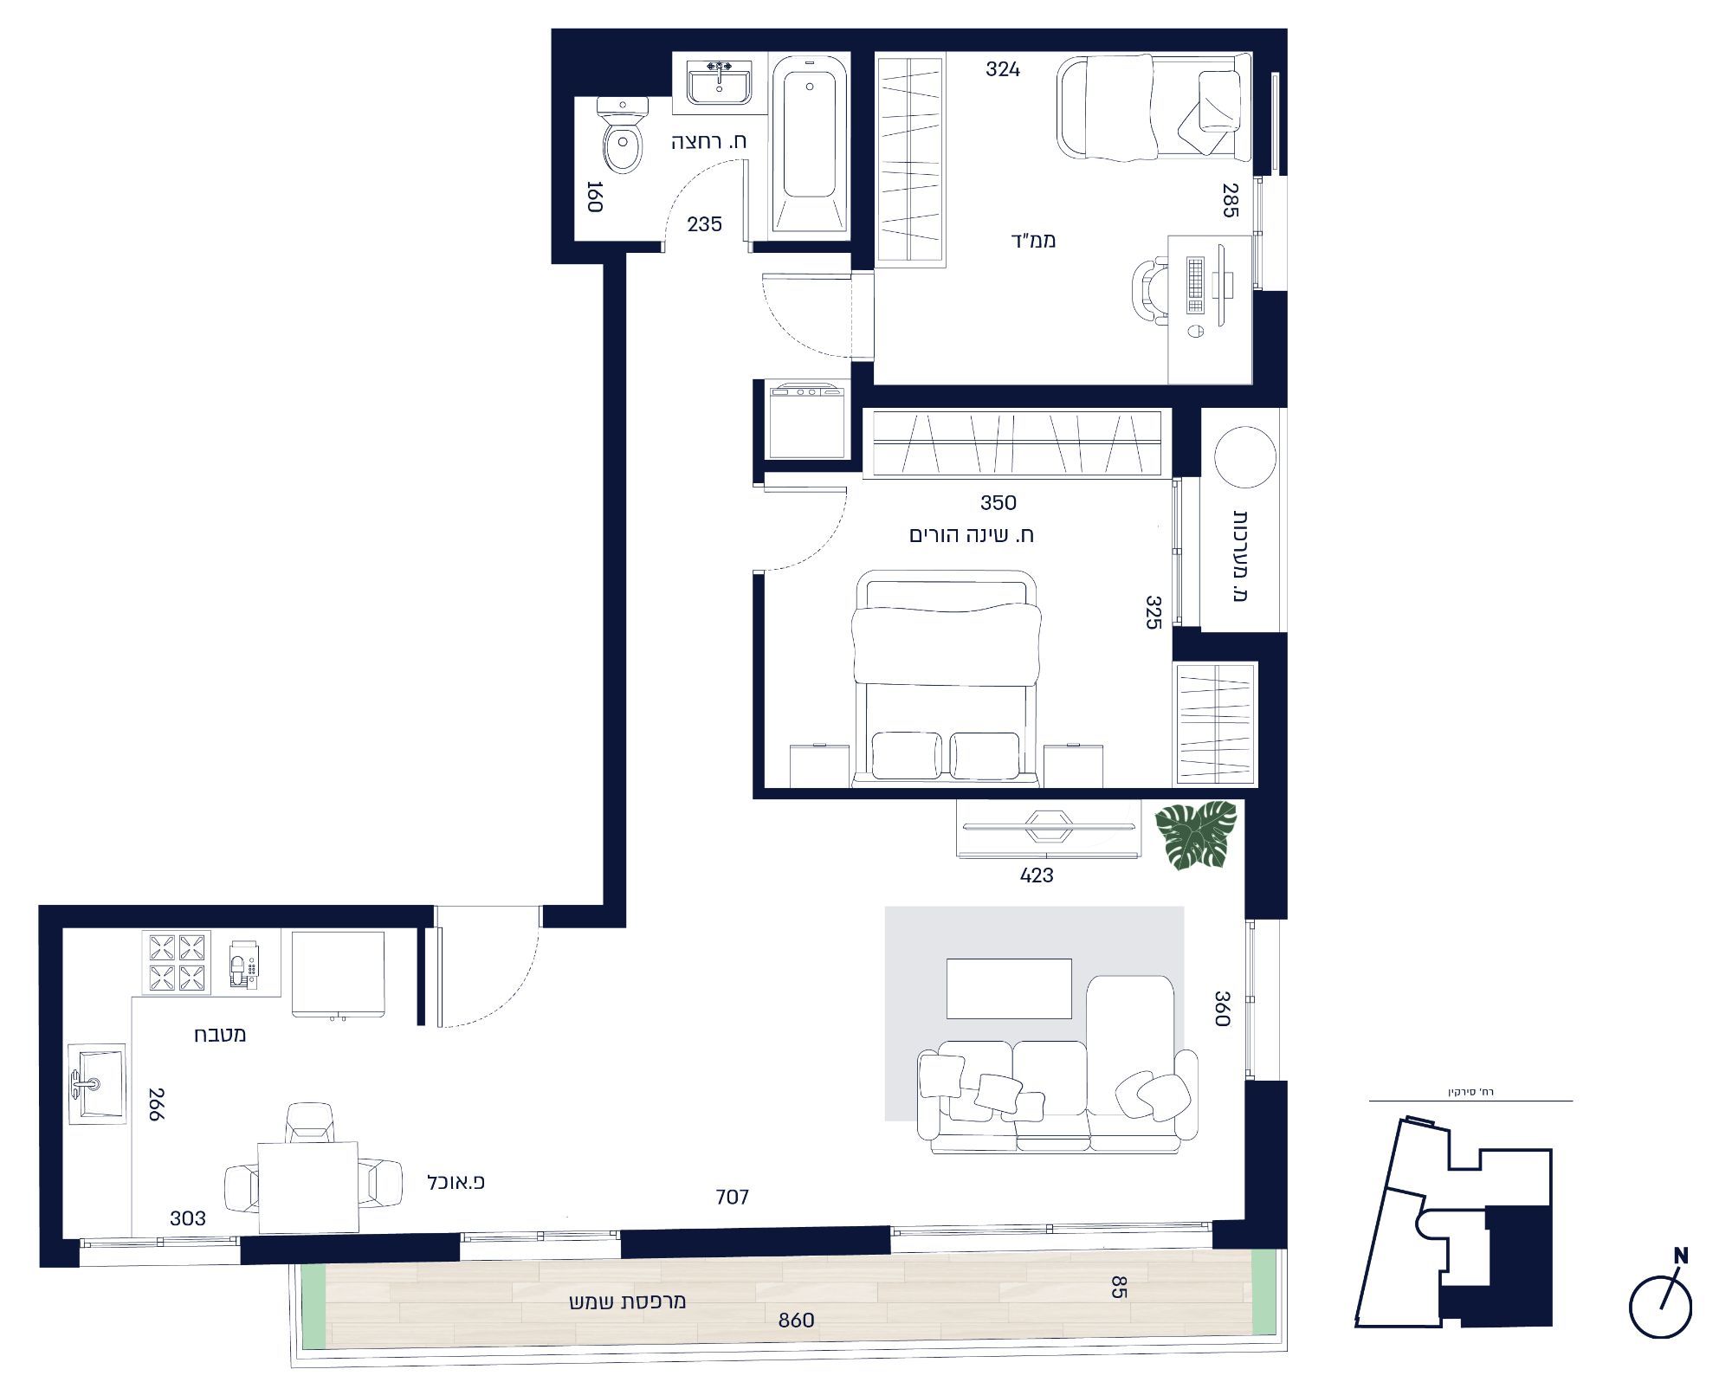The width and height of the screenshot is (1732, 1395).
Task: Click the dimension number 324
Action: (x=1003, y=69)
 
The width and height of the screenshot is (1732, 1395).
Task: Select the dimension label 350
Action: (x=998, y=503)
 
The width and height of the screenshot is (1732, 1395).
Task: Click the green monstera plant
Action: (x=1196, y=834)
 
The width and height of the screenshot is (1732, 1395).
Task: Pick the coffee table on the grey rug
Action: (x=1009, y=988)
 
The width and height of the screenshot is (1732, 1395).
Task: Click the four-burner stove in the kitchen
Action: (x=177, y=962)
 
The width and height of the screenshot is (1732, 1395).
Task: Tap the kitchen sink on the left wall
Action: (x=97, y=1083)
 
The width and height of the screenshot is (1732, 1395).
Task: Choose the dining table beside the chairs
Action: (x=308, y=1186)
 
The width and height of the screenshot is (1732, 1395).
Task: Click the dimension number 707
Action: (x=732, y=1198)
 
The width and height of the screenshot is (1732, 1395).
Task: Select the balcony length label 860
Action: (x=796, y=1321)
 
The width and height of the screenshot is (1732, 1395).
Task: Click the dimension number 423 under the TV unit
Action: (x=1037, y=875)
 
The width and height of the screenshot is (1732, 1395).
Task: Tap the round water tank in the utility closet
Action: (x=1245, y=457)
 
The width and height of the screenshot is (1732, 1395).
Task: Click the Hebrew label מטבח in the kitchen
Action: (x=220, y=1034)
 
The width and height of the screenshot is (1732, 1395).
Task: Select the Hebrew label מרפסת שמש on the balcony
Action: (x=627, y=1302)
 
